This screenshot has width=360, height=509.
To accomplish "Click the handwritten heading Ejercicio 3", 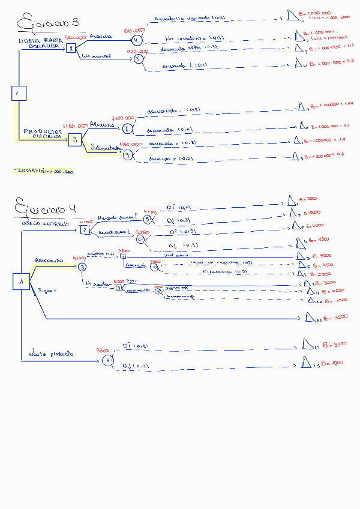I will pos(47,24).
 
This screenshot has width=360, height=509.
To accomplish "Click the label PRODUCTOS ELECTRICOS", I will pos(43,133).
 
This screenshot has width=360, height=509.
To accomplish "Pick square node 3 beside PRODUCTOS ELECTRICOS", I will pos(74,140).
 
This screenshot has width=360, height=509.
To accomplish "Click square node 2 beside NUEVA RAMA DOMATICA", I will pos(71,48).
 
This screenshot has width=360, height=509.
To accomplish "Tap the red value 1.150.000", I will pos(74,125).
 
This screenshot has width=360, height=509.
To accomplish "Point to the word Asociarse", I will pos(49,261).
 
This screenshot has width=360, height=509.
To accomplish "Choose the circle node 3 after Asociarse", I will pos(82,267).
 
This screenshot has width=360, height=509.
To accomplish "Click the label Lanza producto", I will pos(50,354).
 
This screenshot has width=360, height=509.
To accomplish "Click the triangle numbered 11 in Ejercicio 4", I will pos(311,317).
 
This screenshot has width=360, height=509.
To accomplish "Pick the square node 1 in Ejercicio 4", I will pos(21,281).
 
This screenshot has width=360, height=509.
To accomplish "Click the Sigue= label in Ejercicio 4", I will pos(46,291).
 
